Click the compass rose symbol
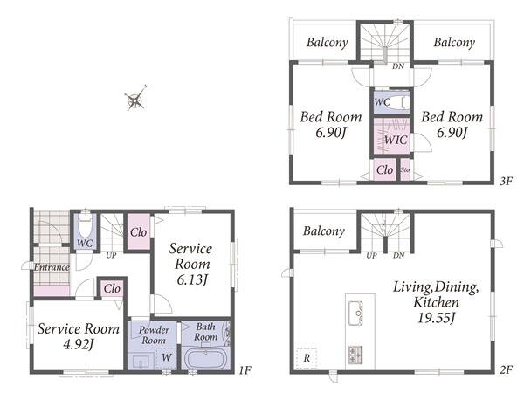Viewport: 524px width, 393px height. point(135,99)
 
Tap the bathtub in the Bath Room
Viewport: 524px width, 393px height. point(205,359)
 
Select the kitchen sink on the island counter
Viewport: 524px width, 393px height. point(356,313)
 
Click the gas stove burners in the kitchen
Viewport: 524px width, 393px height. point(355,355)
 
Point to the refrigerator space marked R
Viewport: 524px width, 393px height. point(307,358)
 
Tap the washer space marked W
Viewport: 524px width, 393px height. point(167,357)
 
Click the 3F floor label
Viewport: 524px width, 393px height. point(506,181)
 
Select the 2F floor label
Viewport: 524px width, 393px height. point(506,370)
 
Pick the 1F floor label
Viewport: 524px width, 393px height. point(245,370)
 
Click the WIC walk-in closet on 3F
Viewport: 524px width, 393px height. point(391,136)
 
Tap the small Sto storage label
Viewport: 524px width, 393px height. point(405,169)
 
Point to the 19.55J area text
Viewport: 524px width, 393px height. point(436,318)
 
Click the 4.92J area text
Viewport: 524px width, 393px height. point(79,344)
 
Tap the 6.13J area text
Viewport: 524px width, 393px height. point(192,279)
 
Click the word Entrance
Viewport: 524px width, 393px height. point(52,267)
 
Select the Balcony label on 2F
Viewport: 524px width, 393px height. point(324,231)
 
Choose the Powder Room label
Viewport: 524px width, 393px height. point(154,334)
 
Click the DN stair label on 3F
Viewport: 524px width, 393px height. point(398,66)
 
